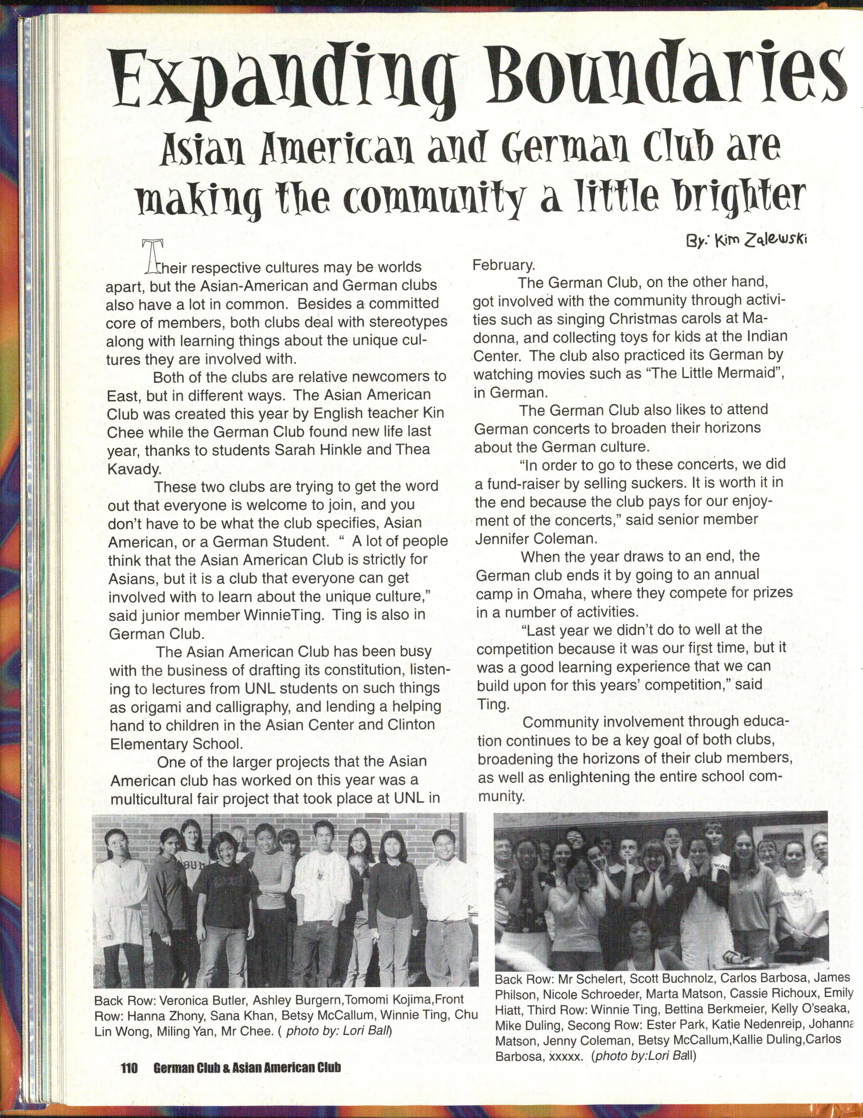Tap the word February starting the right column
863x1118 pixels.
[x=503, y=265]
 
